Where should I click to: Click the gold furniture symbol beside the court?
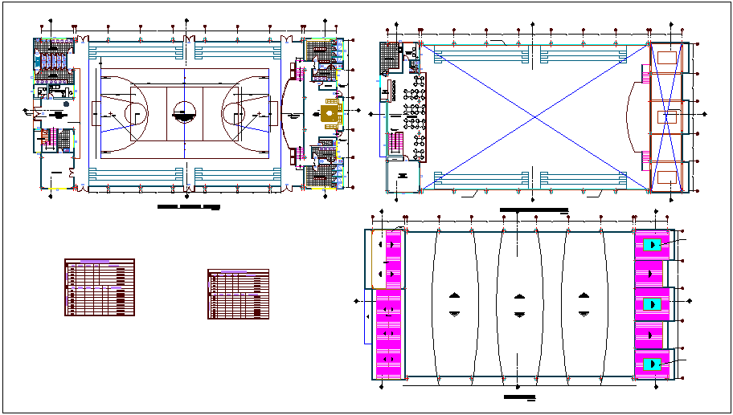330,116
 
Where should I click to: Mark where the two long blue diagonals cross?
535,117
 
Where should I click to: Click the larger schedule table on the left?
99,287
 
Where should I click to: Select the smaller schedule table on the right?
238,295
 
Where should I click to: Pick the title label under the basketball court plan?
187,207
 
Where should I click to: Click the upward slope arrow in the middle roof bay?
520,295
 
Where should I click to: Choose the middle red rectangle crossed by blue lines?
665,117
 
